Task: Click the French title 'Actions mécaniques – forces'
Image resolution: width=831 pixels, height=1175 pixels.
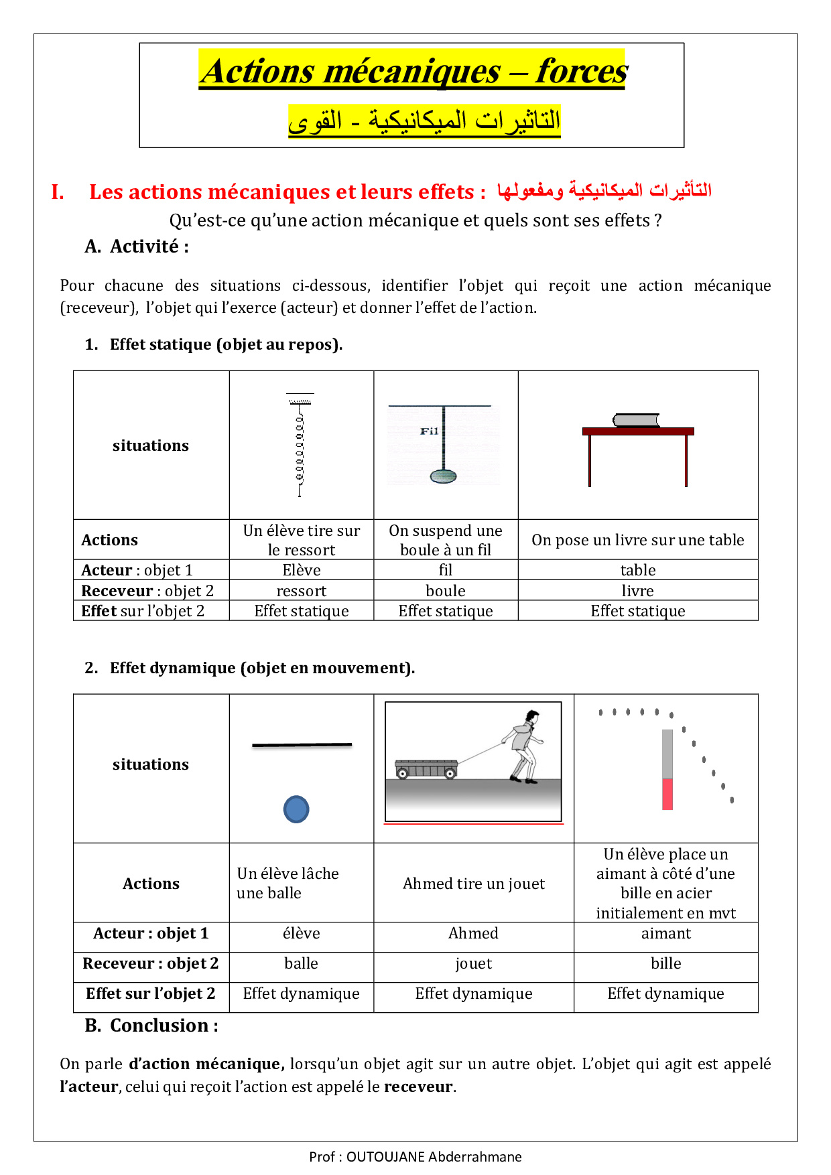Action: pos(413,71)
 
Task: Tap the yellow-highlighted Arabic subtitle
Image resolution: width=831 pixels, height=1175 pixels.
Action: pos(424,121)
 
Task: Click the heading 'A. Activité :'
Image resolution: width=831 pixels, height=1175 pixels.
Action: pos(137,247)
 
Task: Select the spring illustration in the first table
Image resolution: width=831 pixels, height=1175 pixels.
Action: pos(300,445)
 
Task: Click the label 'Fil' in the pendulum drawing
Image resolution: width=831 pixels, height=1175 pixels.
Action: pos(429,431)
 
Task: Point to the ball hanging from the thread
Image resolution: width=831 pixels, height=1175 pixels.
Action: pos(443,476)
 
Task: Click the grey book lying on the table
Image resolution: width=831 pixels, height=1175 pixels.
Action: pos(636,421)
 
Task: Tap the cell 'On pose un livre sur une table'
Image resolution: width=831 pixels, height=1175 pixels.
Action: pos(637,540)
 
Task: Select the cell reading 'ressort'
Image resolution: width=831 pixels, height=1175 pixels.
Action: pos(302,591)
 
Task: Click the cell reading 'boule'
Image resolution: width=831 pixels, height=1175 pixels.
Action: pos(446,591)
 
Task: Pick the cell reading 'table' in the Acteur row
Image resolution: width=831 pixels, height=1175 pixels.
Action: pos(637,570)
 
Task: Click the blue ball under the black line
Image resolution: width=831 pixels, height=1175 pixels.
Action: pos(296,809)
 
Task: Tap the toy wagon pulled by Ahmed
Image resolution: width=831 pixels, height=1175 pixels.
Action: pos(426,769)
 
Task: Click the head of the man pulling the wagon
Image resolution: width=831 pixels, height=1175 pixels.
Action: pos(532,717)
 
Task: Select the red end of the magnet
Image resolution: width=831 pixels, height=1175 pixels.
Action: pos(667,794)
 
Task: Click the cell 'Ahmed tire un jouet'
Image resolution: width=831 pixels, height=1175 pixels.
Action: pos(474,884)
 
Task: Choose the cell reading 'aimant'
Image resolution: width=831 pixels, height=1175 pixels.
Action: pos(665,933)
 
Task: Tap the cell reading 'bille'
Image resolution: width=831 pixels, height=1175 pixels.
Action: pos(665,963)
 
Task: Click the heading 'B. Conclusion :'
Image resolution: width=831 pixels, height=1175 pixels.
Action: pos(151,1026)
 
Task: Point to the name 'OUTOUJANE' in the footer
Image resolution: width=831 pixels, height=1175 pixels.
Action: pos(385,1156)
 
